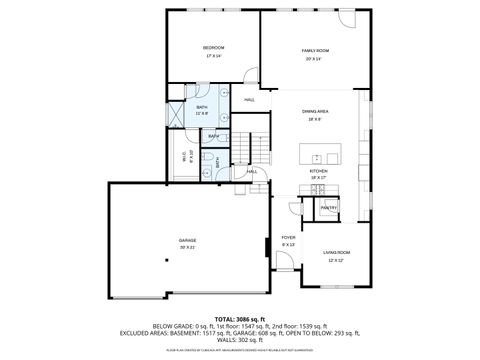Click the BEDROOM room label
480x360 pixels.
[x=213, y=48]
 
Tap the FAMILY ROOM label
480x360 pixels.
[x=316, y=50]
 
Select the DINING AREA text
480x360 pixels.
[x=316, y=111]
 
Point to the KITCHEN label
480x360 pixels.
[x=318, y=171]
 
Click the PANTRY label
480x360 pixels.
[x=329, y=207]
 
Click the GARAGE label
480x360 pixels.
[x=187, y=241]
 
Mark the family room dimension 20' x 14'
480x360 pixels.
[x=316, y=58]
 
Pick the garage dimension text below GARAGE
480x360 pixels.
[x=187, y=247]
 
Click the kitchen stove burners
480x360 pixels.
[x=326, y=191]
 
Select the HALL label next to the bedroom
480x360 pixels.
[x=249, y=100]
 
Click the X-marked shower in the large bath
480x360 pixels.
[x=178, y=113]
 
